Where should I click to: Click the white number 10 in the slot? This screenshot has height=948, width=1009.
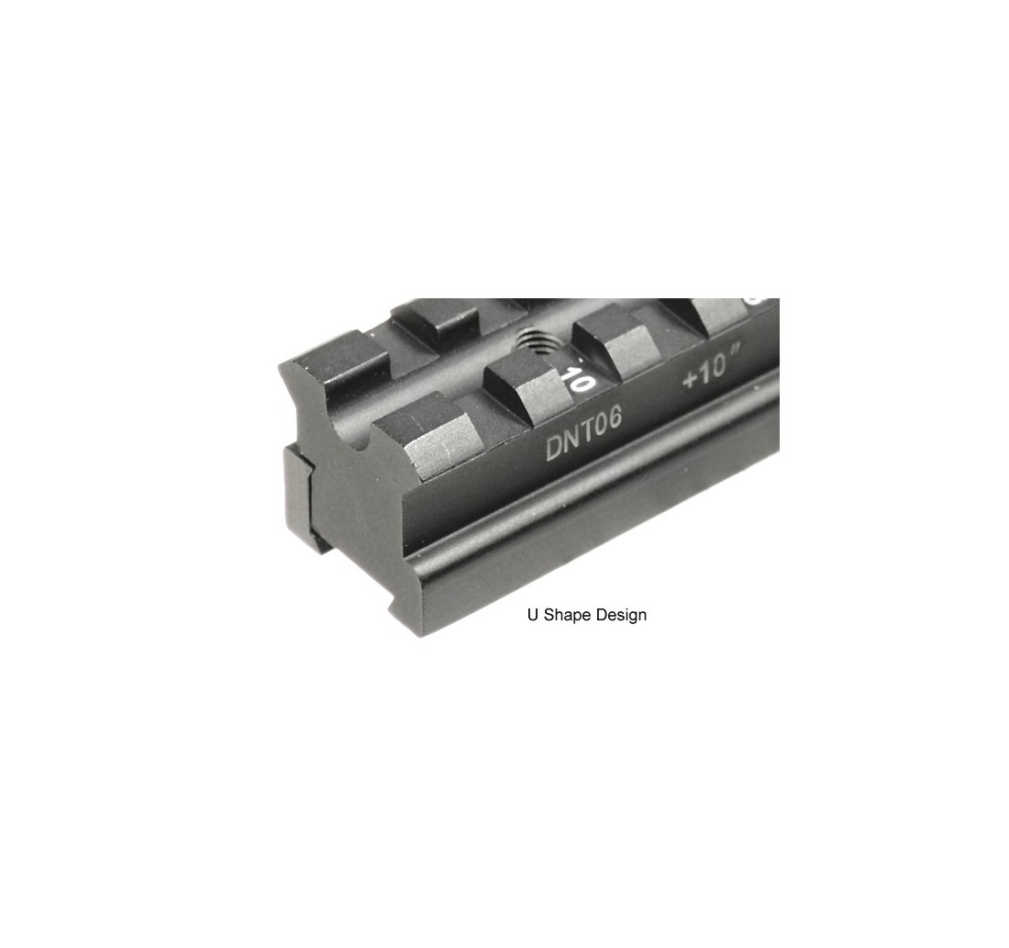(x=579, y=380)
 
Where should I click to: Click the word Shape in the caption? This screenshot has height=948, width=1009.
(x=568, y=615)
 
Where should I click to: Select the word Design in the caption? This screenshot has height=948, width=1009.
(x=621, y=615)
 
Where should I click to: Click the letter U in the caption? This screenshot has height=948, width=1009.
(x=532, y=614)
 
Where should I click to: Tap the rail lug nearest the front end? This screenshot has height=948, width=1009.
(x=427, y=435)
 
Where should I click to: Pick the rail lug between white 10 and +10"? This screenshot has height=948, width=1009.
(x=615, y=347)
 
